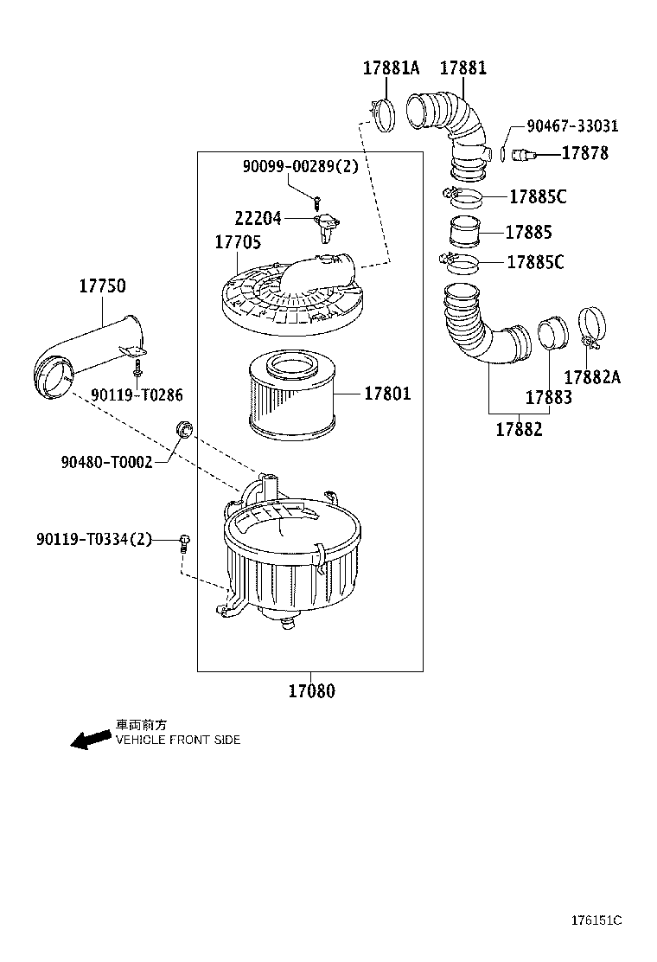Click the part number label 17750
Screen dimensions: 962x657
pos(102,286)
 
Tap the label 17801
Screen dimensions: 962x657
pos(386,394)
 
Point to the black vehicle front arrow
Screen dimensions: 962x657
pos(90,740)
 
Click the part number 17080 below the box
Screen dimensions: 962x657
pos(310,691)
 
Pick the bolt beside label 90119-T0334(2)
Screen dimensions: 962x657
pos(183,542)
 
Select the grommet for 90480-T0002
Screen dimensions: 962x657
pos(183,427)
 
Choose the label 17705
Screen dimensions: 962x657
pos(238,243)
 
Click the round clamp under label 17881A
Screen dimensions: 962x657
pos(381,113)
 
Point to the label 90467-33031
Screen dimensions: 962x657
pos(572,126)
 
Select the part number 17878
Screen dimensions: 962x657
pos(585,153)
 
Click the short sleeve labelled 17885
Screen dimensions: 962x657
pos(463,234)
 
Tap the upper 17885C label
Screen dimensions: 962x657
pos(537,196)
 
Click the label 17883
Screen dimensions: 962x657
pos(548,397)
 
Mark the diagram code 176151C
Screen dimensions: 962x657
pos(596,920)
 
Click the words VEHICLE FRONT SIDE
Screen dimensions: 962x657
pos(178,741)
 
